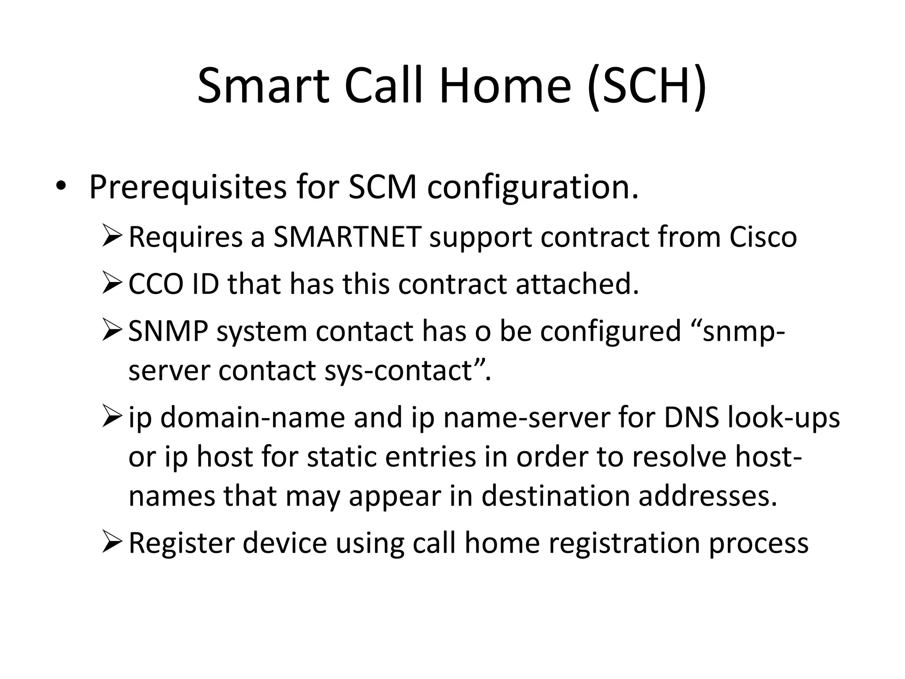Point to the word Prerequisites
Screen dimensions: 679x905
(187, 187)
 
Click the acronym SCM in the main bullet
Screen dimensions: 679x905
(382, 187)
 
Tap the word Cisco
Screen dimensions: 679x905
(763, 237)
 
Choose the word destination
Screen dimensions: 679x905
(555, 496)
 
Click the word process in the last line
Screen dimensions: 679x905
(758, 544)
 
